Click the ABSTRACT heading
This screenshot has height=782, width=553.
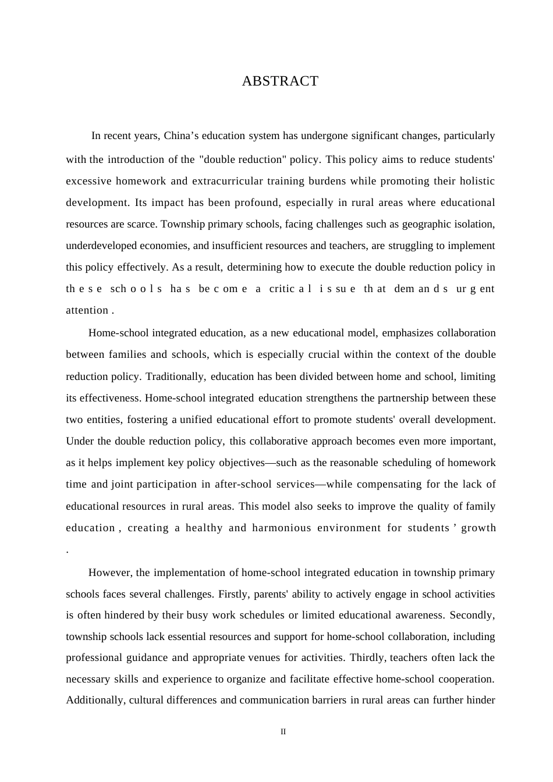coord(280,81)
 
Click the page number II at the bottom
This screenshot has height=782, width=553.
coord(283,732)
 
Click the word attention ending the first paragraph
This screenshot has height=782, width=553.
coord(87,310)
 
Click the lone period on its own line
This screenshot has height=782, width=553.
coord(68,550)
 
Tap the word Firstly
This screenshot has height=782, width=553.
coord(233,594)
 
